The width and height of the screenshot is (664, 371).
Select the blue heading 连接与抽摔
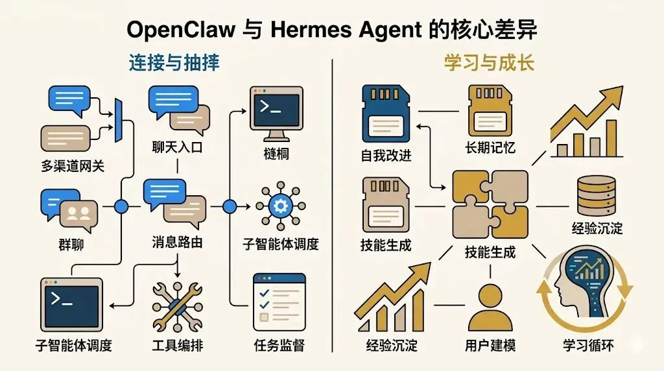173,63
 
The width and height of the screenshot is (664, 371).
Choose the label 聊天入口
177,148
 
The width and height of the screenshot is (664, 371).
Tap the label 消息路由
177,244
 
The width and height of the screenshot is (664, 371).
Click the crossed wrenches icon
177,307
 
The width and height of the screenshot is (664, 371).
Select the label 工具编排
177,345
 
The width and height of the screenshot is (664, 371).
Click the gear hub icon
281,207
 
